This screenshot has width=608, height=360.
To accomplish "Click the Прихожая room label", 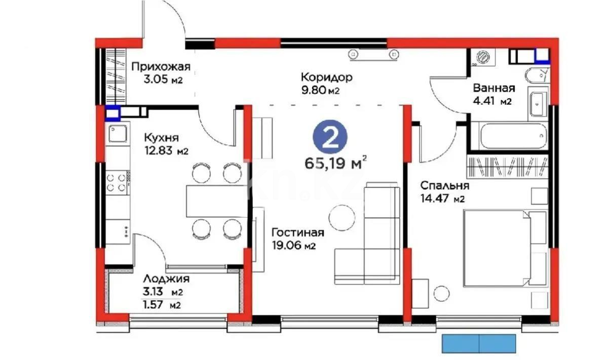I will pos(161,67).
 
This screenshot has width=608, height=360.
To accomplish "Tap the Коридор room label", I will pos(326,77).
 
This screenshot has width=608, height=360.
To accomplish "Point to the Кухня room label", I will pos(162,138).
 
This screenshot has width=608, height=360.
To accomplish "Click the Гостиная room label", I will pos(297,233).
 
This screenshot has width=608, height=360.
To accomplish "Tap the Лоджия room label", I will pos(166,278).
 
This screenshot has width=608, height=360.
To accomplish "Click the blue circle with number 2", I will pos(331,138).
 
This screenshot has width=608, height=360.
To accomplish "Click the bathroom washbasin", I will pos(537,103).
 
